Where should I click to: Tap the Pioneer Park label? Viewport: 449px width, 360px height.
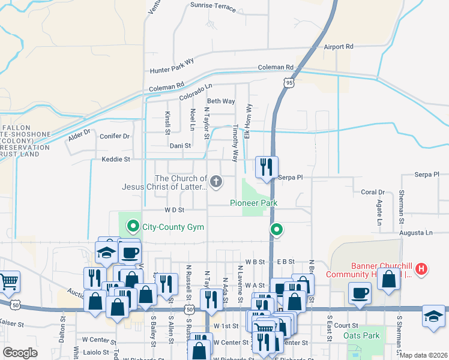click(254, 203)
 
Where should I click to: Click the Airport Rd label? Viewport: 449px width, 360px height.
click(339, 46)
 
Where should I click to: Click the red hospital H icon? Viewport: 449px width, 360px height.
click(422, 269)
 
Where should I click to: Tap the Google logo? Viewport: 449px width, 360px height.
click(20, 353)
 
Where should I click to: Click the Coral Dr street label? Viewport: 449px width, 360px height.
click(372, 192)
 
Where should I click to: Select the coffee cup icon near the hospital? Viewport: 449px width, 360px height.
click(360, 293)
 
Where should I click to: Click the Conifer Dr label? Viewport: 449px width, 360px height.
click(115, 136)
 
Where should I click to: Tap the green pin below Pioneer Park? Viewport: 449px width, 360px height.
click(277, 229)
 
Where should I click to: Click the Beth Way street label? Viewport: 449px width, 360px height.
click(220, 101)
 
